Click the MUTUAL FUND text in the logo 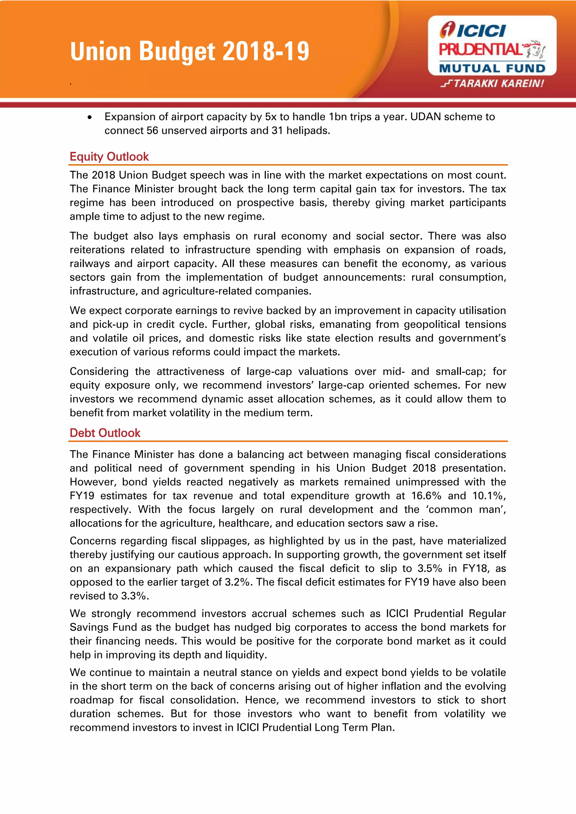[x=492, y=68]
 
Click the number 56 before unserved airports [x=152, y=130]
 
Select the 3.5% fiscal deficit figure [x=429, y=568]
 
